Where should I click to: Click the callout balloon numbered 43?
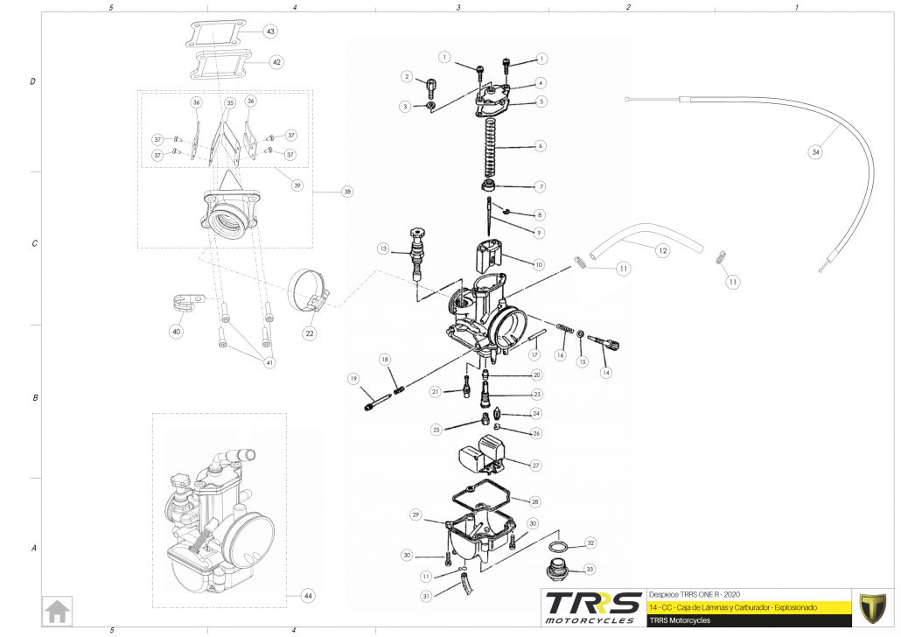coord(270,31)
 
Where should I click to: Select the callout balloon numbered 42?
coord(276,62)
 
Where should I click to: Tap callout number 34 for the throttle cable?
coord(815,152)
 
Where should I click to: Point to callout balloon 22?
coord(310,332)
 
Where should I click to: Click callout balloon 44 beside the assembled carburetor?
coord(307,595)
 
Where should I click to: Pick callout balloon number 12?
coord(662,251)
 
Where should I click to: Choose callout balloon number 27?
coord(536,465)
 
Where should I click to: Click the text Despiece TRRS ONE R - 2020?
coord(695,592)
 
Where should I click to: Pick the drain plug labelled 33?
coord(556,570)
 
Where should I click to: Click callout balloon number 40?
coord(177,332)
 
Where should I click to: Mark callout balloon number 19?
coord(353,379)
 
